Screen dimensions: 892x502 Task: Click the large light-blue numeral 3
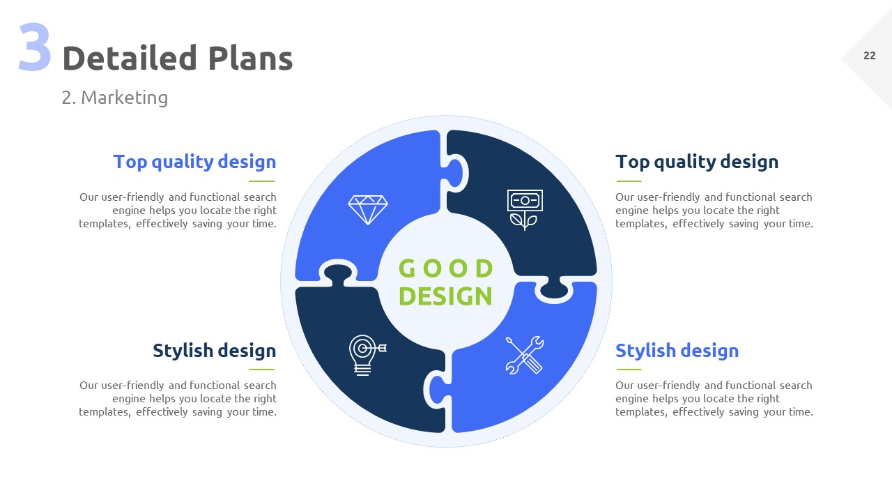click(x=35, y=47)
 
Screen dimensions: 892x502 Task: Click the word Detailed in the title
click(x=130, y=58)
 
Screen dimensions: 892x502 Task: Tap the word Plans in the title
click(x=250, y=58)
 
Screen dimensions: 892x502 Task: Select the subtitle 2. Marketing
click(x=115, y=98)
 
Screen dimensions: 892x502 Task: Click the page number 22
click(x=869, y=56)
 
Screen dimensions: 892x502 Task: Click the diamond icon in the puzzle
click(x=367, y=210)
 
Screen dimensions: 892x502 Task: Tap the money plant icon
click(x=525, y=210)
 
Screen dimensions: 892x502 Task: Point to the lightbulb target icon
click(x=367, y=355)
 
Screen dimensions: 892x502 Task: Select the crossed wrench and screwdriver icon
click(x=525, y=355)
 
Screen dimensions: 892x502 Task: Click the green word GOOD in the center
click(x=445, y=268)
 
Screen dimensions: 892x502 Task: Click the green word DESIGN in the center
click(x=445, y=296)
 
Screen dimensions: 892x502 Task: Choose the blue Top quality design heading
click(x=194, y=162)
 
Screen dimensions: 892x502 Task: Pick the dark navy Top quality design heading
click(x=697, y=162)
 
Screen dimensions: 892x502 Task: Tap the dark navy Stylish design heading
click(x=214, y=351)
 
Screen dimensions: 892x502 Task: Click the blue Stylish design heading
click(x=677, y=351)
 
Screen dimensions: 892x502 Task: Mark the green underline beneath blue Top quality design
click(x=261, y=181)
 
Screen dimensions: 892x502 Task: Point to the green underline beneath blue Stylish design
click(x=629, y=370)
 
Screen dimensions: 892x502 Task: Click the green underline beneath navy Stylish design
click(x=261, y=370)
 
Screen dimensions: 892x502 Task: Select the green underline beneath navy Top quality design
click(x=629, y=181)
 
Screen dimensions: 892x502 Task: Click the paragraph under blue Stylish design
click(x=714, y=399)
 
